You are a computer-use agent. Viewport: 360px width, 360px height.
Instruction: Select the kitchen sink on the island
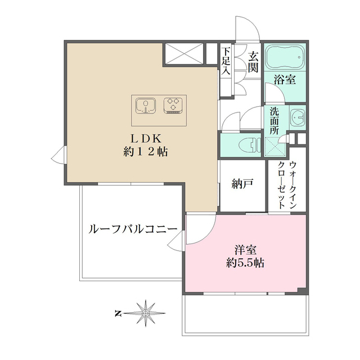[x=146, y=105]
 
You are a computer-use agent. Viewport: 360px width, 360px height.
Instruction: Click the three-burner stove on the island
[x=173, y=105]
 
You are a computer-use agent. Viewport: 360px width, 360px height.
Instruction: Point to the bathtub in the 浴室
[x=285, y=58]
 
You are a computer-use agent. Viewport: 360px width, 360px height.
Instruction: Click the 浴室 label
[x=285, y=79]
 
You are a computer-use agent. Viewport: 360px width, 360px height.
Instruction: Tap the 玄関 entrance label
[x=253, y=61]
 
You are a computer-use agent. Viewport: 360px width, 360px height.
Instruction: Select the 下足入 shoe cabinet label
[x=226, y=61]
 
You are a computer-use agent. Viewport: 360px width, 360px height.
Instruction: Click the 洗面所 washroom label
[x=274, y=120]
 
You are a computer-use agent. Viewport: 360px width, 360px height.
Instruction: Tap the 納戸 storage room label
[x=242, y=183]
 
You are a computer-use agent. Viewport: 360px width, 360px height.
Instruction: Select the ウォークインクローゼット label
[x=287, y=186]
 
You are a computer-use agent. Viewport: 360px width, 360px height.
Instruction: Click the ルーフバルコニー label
[x=133, y=229]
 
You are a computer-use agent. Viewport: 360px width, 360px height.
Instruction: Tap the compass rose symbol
[x=146, y=312]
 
